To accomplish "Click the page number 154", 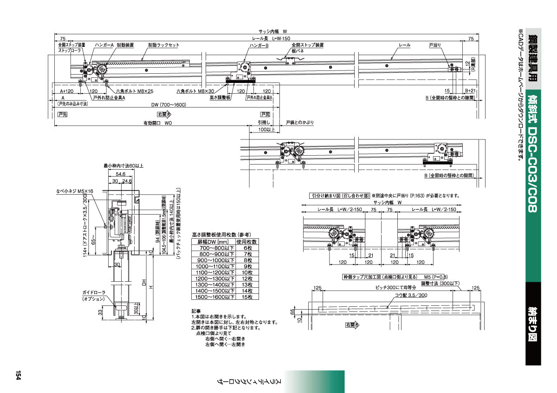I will click(x=19, y=375).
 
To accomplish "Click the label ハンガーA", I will click(x=104, y=45).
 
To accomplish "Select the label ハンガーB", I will click(x=259, y=45).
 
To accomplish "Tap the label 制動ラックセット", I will click(x=163, y=45).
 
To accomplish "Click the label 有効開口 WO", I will click(x=157, y=123).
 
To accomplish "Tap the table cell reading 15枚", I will click(x=247, y=297).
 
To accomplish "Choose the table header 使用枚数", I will click(x=247, y=241).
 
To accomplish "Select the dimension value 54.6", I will click(x=120, y=174).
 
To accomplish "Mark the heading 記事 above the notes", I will click(x=196, y=311).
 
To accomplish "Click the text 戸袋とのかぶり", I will click(x=299, y=122).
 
